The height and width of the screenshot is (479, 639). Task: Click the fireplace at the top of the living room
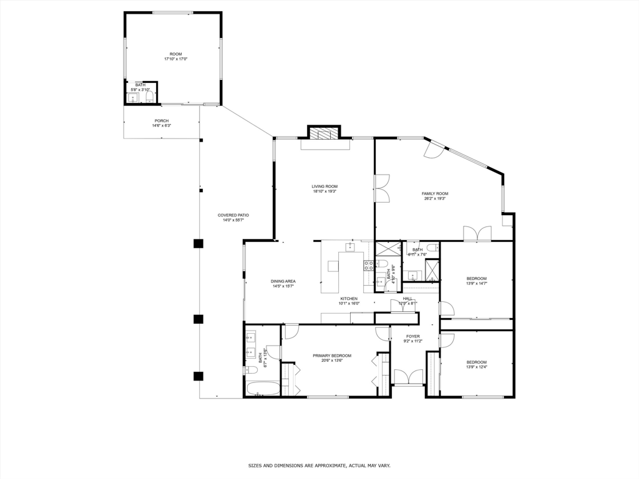click(x=324, y=133)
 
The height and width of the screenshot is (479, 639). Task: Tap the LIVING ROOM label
click(x=324, y=186)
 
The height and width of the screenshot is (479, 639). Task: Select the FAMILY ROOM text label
click(x=435, y=194)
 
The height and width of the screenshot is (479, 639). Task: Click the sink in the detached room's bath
click(x=134, y=97)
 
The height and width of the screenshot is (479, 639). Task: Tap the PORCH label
click(x=162, y=121)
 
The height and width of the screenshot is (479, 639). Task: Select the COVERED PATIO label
click(x=233, y=215)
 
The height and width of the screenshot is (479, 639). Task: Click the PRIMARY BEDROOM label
click(x=332, y=356)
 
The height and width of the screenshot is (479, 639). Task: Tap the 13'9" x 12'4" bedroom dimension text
click(x=477, y=367)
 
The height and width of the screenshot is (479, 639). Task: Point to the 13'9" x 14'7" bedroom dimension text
click(x=477, y=284)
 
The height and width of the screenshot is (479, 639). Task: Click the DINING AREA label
click(x=283, y=281)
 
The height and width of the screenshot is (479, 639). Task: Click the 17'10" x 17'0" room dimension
click(x=176, y=59)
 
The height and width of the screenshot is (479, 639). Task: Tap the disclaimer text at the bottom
click(x=319, y=465)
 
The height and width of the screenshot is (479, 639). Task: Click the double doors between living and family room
click(x=381, y=188)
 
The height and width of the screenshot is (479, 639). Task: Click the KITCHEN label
click(x=348, y=299)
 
